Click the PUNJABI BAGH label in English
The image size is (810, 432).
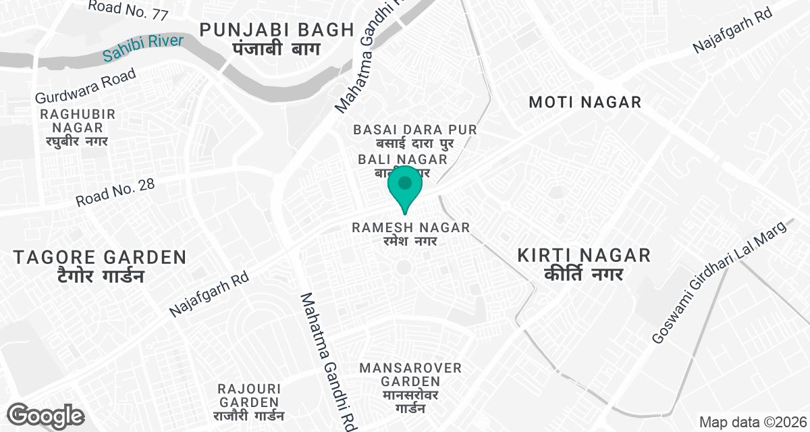(277, 30)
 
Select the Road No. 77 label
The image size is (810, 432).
(128, 8)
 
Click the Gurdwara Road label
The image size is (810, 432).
(86, 86)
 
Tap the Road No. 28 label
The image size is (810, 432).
(115, 191)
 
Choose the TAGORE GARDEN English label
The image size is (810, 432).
(100, 257)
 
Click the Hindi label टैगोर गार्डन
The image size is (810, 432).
(100, 277)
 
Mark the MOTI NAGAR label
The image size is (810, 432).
(585, 103)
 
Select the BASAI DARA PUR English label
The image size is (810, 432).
(415, 129)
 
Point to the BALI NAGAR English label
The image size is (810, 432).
(403, 159)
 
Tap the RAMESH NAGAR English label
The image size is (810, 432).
(410, 227)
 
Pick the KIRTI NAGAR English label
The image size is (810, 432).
(584, 255)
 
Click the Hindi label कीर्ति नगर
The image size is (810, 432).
(583, 274)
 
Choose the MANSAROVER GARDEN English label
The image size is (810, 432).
(410, 375)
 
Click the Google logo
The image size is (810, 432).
(46, 415)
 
